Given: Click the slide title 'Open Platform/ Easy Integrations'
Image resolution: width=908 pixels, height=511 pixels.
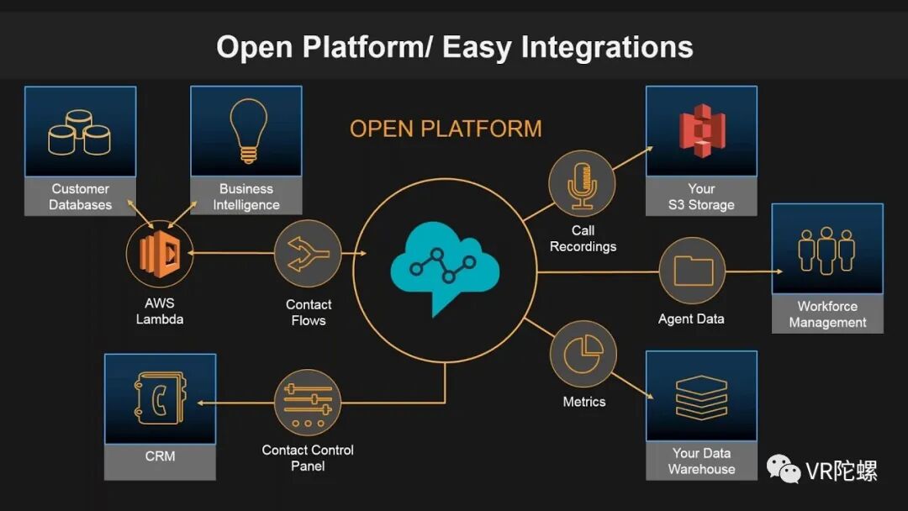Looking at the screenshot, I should pyautogui.click(x=454, y=46).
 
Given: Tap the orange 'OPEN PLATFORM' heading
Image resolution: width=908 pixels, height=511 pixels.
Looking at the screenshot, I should pyautogui.click(x=446, y=129).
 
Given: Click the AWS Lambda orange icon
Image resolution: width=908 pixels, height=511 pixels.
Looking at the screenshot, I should pyautogui.click(x=160, y=253).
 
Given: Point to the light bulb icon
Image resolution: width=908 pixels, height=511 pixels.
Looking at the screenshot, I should pyautogui.click(x=246, y=131).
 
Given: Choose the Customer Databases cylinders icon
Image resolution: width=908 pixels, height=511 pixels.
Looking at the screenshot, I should pyautogui.click(x=80, y=132).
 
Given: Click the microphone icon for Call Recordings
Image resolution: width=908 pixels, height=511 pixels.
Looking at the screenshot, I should pyautogui.click(x=583, y=184).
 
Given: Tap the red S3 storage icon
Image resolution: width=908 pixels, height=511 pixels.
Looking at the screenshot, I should pyautogui.click(x=701, y=131).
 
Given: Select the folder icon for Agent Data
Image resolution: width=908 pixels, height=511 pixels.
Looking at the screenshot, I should pyautogui.click(x=693, y=271).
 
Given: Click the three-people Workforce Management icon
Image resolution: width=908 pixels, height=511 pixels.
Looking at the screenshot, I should pyautogui.click(x=827, y=250).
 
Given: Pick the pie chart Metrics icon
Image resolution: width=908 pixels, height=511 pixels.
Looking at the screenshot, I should pyautogui.click(x=583, y=355).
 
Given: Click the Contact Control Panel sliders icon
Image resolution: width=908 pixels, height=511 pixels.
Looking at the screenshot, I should pyautogui.click(x=308, y=403).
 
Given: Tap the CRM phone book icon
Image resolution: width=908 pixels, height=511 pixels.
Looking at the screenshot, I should pyautogui.click(x=160, y=398).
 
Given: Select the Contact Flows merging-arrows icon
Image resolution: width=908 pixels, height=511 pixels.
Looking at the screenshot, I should pyautogui.click(x=308, y=253).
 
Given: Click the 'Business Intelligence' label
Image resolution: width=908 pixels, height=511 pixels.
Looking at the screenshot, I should pyautogui.click(x=246, y=197).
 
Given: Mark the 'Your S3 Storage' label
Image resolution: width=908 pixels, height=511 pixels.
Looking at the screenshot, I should pyautogui.click(x=701, y=197).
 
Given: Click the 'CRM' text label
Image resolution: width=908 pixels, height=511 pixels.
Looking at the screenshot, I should pyautogui.click(x=160, y=456).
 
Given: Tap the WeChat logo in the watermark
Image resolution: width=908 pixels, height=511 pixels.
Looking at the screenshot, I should pyautogui.click(x=783, y=469).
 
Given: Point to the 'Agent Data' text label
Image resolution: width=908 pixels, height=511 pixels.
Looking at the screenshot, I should pyautogui.click(x=691, y=319).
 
